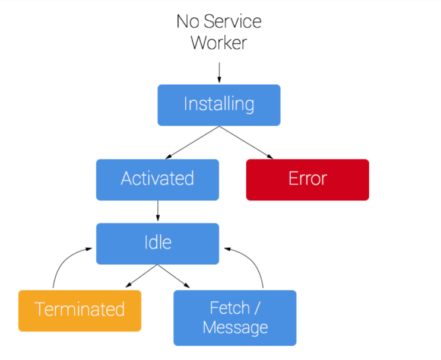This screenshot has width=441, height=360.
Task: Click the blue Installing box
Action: tap(219, 105)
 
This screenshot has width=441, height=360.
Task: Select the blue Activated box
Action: tap(157, 180)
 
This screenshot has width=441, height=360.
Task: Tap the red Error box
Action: tap(307, 180)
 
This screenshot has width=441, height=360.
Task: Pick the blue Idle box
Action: tap(157, 244)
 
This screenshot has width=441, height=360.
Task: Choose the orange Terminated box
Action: tap(80, 311)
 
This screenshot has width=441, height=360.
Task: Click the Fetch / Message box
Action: tap(235, 318)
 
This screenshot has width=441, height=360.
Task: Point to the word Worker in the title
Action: tap(219, 43)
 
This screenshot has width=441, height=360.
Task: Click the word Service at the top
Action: tap(233, 21)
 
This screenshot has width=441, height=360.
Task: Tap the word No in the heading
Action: tap(188, 21)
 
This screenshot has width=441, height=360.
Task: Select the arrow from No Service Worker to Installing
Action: tap(219, 73)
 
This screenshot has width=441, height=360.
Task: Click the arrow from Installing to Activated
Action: tap(192, 142)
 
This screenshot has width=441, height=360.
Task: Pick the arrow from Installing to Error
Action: tap(246, 142)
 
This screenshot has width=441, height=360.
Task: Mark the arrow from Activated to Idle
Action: tap(158, 211)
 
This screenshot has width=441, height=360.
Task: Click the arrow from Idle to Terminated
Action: tap(141, 276)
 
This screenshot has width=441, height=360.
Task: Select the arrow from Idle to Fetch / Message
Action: tap(174, 276)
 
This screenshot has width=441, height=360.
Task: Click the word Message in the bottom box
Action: tap(235, 328)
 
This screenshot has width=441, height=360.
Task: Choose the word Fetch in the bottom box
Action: tap(230, 308)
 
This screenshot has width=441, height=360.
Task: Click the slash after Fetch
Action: tap(257, 308)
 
